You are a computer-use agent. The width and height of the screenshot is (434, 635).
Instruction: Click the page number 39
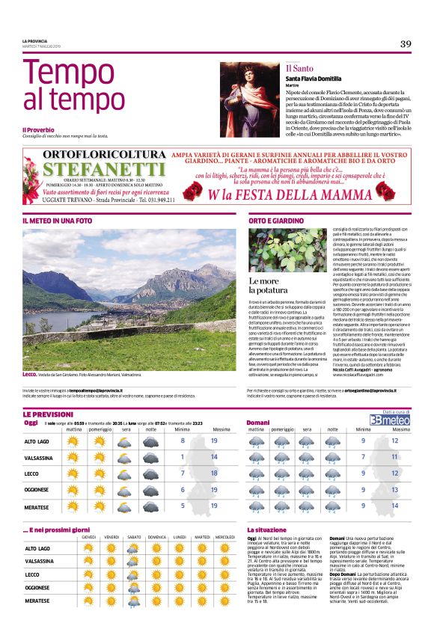(405, 43)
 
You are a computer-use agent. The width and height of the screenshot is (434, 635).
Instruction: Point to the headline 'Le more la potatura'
(267, 286)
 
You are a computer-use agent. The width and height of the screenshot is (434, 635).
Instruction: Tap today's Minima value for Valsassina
(183, 457)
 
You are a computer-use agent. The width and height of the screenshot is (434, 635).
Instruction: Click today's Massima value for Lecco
(214, 473)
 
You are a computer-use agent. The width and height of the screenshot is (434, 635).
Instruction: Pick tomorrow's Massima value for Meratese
(394, 506)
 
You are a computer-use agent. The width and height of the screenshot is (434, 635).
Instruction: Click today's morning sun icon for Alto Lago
(73, 441)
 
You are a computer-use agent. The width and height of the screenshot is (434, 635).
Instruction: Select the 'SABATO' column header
(134, 537)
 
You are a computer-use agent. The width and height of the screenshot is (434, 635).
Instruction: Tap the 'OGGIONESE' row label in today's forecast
(37, 490)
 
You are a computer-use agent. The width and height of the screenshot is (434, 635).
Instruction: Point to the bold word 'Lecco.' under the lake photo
(31, 374)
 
